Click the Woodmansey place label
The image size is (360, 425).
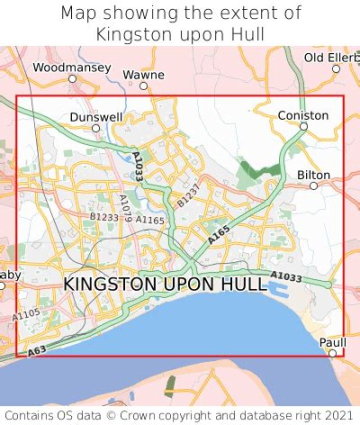[x=72, y=67]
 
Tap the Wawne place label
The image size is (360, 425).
[x=143, y=75]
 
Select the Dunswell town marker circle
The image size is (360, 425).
[x=95, y=128]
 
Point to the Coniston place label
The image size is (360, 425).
[x=303, y=115]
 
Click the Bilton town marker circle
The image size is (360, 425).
[x=313, y=186]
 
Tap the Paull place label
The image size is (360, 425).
[x=332, y=343]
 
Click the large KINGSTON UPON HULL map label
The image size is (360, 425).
[x=165, y=284]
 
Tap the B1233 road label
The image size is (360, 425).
[x=104, y=217]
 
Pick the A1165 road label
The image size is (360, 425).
[x=149, y=219]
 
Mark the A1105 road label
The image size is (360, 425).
[x=25, y=315]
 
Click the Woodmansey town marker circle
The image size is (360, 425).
[x=72, y=79]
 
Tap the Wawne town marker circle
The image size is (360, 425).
[x=143, y=86]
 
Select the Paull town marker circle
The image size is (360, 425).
[x=332, y=353]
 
